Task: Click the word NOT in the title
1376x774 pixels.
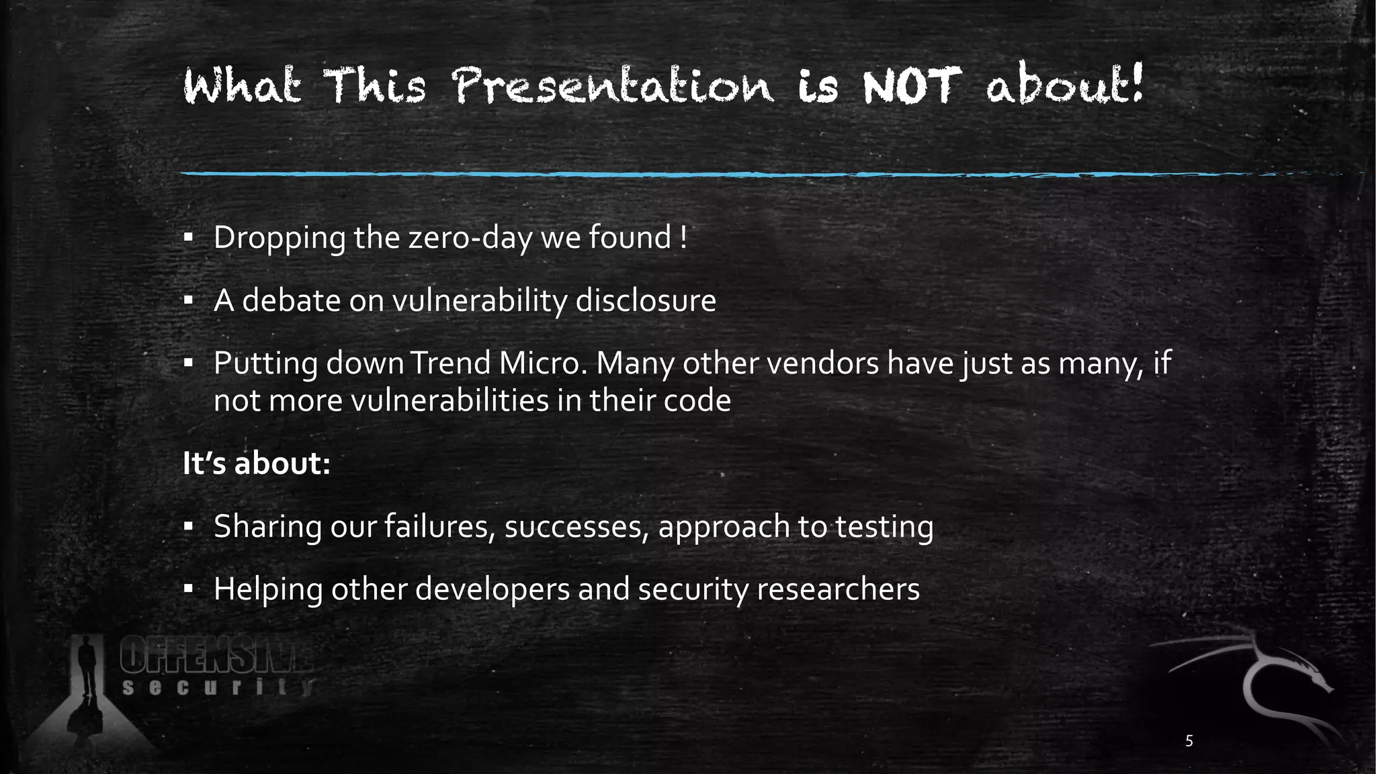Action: point(908,87)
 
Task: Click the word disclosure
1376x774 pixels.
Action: point(646,300)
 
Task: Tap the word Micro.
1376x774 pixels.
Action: point(543,363)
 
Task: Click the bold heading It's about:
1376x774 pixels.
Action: point(257,464)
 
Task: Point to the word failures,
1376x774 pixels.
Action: point(440,527)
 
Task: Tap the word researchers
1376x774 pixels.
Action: point(838,590)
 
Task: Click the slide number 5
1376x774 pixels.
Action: point(1189,741)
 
